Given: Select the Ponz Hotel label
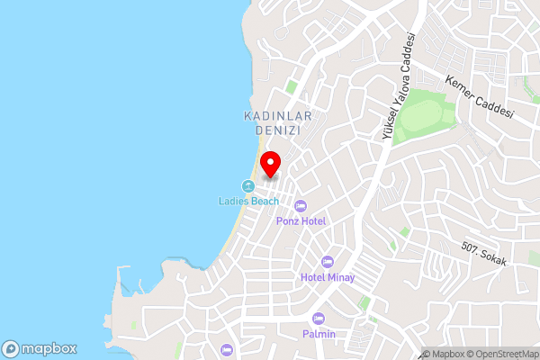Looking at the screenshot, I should [x=301, y=220].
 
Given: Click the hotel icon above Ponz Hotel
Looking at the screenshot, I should [x=301, y=206].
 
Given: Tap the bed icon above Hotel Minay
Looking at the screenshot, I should [x=327, y=261].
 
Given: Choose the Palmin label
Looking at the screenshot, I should [x=319, y=334].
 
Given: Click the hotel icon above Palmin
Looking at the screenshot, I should [x=318, y=319].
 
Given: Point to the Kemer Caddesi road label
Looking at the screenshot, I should [x=479, y=98].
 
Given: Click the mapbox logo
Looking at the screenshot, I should [x=40, y=348].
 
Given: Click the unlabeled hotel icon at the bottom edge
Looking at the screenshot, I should [x=226, y=349].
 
